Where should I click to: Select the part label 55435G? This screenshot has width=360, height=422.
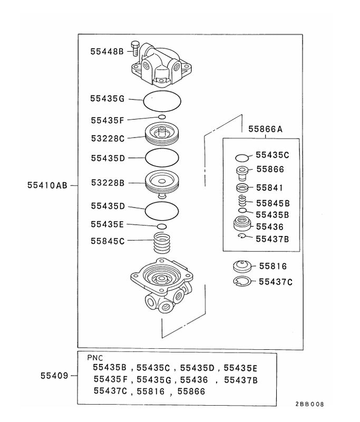coord(107,98)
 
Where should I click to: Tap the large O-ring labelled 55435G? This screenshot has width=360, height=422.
coord(162,99)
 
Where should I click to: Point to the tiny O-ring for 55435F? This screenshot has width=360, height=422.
coord(162,117)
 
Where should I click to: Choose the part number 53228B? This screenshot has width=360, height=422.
coord(107,183)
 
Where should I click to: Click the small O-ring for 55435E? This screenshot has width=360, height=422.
coord(162,226)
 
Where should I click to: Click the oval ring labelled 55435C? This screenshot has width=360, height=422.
coord(242,158)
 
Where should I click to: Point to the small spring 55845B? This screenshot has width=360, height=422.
coord(242,201)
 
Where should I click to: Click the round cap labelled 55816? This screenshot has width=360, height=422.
coord(242,267)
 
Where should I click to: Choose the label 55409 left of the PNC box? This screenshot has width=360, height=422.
coord(54,376)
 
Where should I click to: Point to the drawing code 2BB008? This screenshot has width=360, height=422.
coord(310,404)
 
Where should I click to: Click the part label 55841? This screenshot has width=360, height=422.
coord(269,188)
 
